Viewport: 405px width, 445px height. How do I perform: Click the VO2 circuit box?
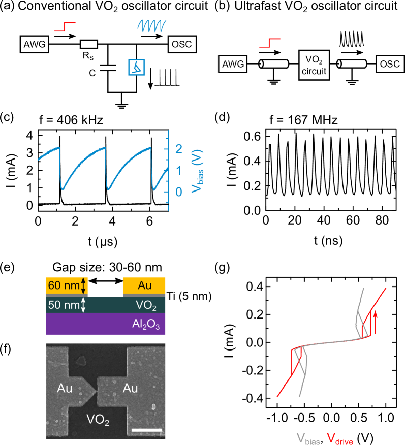314,65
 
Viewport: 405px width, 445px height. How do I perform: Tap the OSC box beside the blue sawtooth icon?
181,44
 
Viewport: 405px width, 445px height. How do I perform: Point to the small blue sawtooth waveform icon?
152,25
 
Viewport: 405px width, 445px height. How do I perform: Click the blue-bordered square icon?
137,67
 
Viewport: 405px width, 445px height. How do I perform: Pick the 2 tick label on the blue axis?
178,149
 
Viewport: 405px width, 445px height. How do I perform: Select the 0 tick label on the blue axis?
178,192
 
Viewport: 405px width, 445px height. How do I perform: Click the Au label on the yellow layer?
144,285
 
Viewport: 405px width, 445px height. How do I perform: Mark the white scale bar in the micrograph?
146,430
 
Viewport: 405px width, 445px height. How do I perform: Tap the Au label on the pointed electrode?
65,389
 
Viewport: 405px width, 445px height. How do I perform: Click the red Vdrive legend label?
339,438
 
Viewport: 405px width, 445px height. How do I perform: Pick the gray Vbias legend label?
308,438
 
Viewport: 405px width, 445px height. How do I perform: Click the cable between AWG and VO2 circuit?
274,65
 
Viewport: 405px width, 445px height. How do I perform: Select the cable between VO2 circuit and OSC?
353,65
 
